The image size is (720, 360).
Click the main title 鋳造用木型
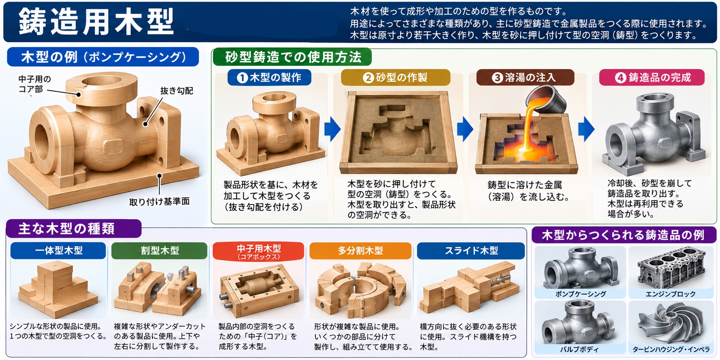[x=96, y=22]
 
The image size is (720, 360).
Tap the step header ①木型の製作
[x=269, y=77]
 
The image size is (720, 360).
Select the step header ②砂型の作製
[x=395, y=77]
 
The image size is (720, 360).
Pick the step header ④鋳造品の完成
[x=652, y=77]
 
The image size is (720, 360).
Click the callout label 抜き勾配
[x=177, y=91]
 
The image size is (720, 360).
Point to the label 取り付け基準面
[x=160, y=202]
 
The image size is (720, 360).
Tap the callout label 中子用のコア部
[x=34, y=84]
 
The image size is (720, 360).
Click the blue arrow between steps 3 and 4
[x=586, y=129]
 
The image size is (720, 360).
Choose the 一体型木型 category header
[x=58, y=250]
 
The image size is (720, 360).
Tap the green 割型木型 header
[x=160, y=250]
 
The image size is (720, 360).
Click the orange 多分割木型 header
[x=360, y=250]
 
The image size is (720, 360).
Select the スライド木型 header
[x=471, y=250]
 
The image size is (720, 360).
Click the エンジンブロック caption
[x=670, y=294]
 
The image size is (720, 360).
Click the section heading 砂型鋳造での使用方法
[x=293, y=57]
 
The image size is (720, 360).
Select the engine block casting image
[x=671, y=268]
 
